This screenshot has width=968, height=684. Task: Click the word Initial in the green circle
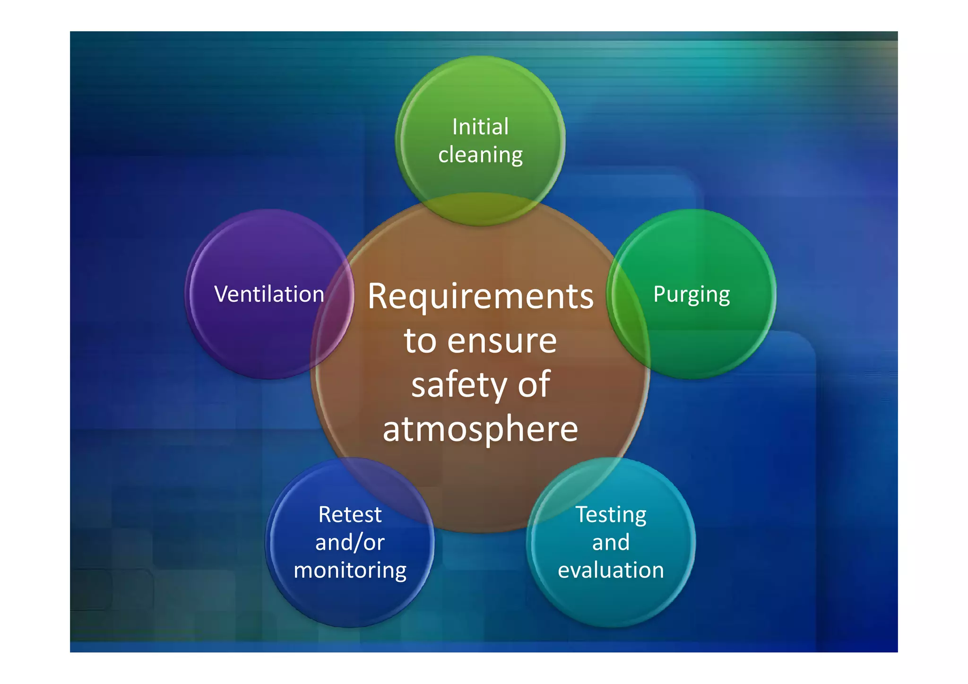[480, 127]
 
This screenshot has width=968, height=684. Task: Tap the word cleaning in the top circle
[480, 155]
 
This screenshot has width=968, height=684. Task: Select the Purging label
[691, 294]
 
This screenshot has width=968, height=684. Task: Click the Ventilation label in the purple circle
[269, 294]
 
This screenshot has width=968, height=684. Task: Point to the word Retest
[350, 515]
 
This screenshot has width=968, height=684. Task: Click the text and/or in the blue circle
[350, 542]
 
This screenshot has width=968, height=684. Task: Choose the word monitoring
[350, 570]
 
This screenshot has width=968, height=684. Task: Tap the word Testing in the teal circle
[611, 515]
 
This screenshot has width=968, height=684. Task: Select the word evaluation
[611, 570]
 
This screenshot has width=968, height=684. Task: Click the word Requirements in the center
[480, 297]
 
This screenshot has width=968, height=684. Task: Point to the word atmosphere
[480, 429]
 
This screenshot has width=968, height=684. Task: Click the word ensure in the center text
[502, 341]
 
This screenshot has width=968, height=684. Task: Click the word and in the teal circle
[611, 542]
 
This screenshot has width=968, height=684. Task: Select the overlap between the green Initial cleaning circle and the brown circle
[480, 208]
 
